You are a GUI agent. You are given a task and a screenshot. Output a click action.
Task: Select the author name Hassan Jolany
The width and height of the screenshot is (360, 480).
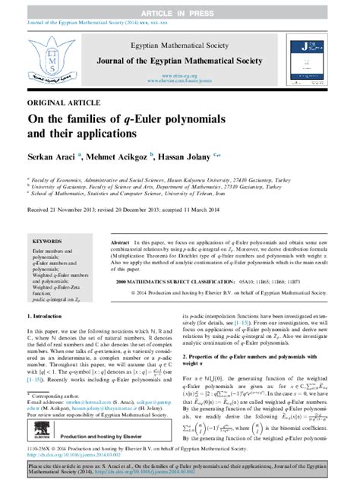point(181,158)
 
